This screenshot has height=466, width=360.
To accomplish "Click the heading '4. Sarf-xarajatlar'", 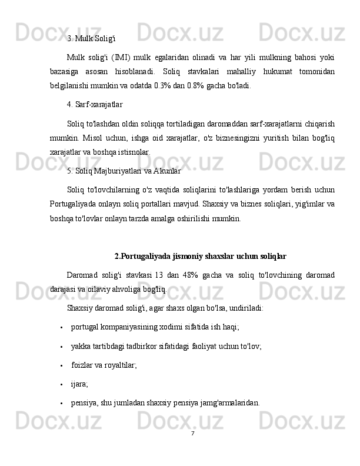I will (95, 105).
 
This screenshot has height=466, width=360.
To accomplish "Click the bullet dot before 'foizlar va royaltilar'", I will (61, 365).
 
